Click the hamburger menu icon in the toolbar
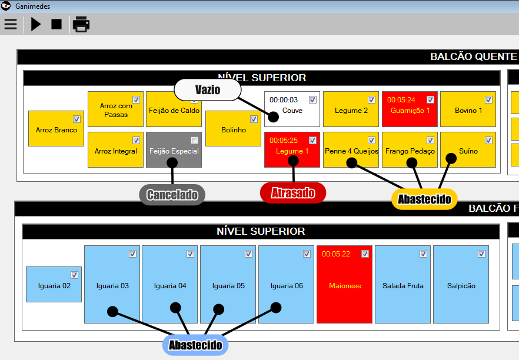(x=11, y=24)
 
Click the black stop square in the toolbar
(x=56, y=24)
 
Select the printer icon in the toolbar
(x=81, y=24)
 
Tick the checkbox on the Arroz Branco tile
(x=76, y=119)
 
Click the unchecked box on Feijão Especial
(x=194, y=140)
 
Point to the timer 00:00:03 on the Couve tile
(x=284, y=100)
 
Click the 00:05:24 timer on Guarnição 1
(x=401, y=100)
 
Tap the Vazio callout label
(x=208, y=89)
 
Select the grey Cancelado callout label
(x=172, y=195)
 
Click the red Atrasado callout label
(x=293, y=193)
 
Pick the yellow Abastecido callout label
(x=424, y=199)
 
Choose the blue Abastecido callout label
(x=195, y=345)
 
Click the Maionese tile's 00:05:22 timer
(x=335, y=254)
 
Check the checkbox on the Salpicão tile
(x=481, y=254)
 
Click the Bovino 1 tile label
(x=468, y=111)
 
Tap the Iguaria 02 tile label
(x=54, y=286)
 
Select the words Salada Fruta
(x=402, y=286)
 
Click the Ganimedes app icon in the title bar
(x=6, y=6)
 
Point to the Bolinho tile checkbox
(x=254, y=119)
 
